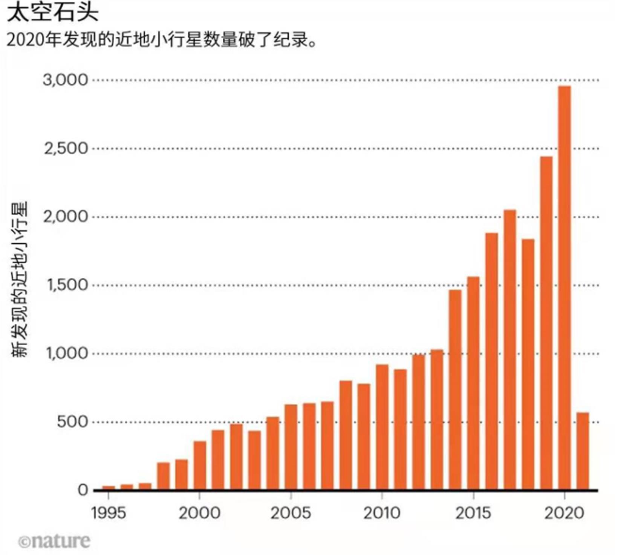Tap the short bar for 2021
point(583,451)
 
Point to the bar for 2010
point(382,427)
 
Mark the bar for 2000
point(200,465)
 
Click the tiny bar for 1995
point(109,488)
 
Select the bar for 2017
point(509,350)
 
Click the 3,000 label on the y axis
point(65,80)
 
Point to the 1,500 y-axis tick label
point(67,285)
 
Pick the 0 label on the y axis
point(83,490)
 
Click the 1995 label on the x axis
point(109,513)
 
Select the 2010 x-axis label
point(382,513)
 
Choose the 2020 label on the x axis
point(564,513)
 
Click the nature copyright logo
point(55,541)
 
